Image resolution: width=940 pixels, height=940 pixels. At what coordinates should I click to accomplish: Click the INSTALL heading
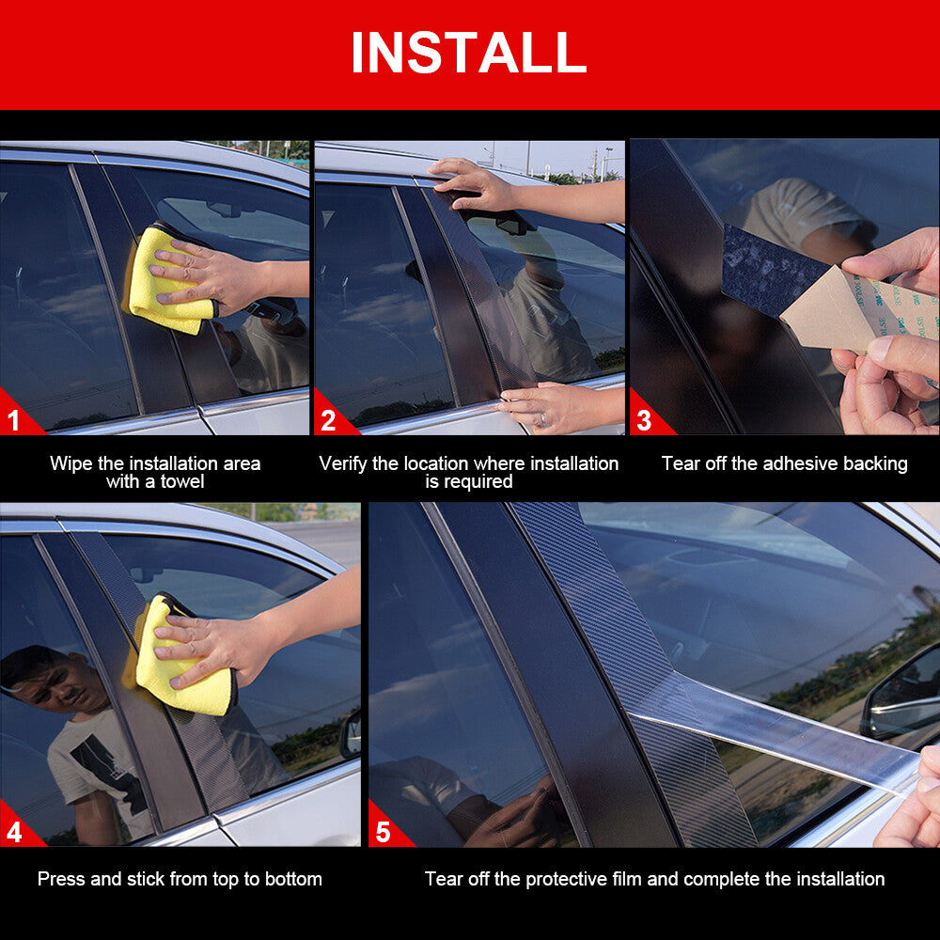[x=468, y=53]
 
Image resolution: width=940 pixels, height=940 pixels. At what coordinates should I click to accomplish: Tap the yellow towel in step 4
[x=180, y=656]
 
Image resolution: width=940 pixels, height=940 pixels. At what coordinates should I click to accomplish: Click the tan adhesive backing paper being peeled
[x=852, y=312]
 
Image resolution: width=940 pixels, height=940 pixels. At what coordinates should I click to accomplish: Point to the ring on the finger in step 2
[x=543, y=418]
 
